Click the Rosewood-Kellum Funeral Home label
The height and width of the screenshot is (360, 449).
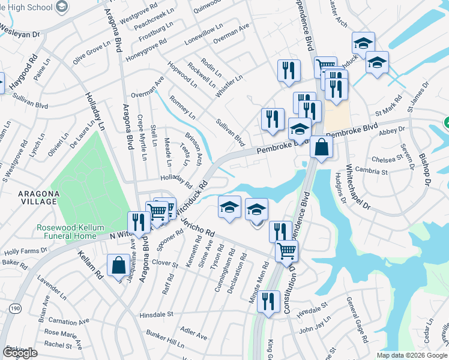pos(66,232)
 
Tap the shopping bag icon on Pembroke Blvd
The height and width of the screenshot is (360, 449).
pos(322,147)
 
